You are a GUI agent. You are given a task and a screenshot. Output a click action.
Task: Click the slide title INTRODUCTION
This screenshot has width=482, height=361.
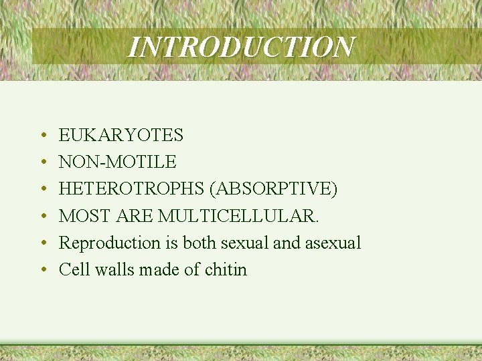coord(241,47)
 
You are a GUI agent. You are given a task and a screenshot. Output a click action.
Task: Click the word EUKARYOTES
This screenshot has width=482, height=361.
coord(120,136)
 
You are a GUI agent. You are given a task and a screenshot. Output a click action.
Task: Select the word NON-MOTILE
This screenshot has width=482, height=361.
coord(117,162)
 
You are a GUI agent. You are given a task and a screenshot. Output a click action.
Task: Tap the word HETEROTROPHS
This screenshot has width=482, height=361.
coord(131,189)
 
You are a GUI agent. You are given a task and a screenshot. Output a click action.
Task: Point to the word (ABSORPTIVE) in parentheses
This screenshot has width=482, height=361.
coord(273,189)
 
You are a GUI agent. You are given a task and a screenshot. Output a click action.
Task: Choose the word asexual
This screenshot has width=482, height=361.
coord(333,243)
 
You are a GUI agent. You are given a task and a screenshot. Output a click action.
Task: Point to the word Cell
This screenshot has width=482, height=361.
coord(72,269)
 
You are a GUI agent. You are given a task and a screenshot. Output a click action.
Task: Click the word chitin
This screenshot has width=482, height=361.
coord(226,269)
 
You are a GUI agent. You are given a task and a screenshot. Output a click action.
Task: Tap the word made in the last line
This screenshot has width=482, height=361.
coord(155,269)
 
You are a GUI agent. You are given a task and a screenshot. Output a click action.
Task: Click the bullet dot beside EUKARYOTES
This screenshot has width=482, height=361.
coord(42,136)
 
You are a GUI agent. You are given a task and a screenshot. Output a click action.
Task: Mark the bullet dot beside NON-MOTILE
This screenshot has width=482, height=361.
coord(42,163)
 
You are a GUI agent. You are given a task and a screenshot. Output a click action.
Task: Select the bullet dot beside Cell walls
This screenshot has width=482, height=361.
coord(42,270)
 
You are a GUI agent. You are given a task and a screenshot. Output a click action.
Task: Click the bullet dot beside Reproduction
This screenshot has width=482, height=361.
coord(42,243)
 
